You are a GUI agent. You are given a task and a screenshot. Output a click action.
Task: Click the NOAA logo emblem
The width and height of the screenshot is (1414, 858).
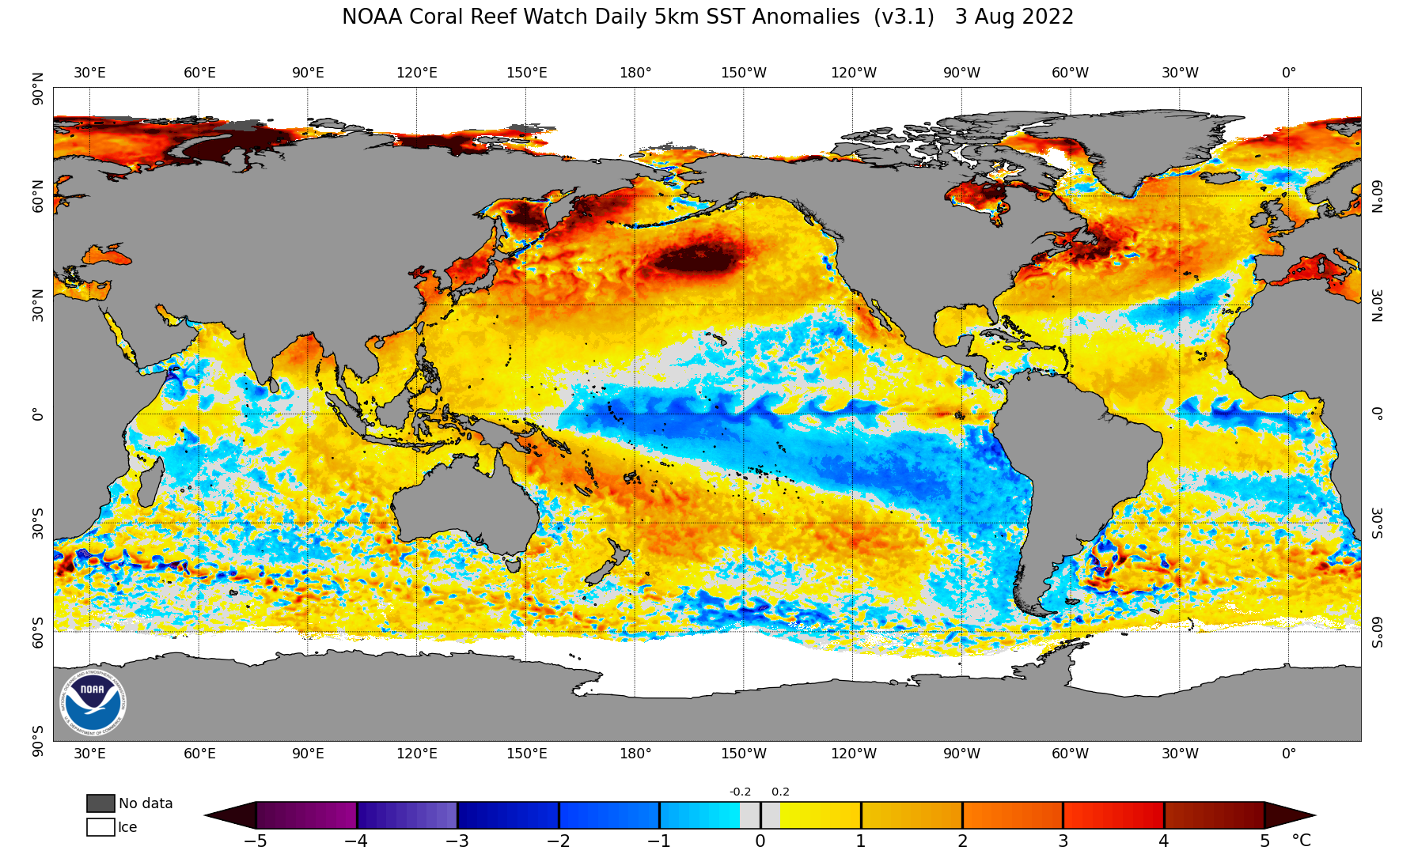(93, 702)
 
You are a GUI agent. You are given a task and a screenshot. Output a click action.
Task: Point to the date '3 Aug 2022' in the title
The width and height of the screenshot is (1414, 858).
(1014, 17)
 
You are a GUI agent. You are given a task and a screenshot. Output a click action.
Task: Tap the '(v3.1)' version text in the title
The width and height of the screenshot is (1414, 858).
(904, 17)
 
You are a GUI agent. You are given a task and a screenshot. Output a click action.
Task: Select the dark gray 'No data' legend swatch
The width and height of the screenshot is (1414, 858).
(100, 803)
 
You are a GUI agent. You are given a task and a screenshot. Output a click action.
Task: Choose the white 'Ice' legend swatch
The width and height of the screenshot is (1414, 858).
(100, 827)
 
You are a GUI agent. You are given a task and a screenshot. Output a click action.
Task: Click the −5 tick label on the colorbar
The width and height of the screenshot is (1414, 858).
(255, 841)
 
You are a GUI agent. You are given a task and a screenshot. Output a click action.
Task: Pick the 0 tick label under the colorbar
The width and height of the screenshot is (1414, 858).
(760, 841)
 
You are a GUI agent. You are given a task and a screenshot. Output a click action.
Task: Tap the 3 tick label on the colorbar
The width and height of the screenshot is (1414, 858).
(1063, 841)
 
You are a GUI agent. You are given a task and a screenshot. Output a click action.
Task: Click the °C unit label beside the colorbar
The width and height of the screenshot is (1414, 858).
(1301, 841)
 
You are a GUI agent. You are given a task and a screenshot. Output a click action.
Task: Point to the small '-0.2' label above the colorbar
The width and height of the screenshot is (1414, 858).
(740, 792)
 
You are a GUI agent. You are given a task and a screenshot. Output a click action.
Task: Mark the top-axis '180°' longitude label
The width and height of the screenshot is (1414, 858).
(635, 73)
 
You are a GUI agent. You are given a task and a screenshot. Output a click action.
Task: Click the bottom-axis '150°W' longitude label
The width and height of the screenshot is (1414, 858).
(744, 754)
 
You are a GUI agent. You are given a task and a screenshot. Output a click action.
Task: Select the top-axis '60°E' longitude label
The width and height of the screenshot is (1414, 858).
(199, 73)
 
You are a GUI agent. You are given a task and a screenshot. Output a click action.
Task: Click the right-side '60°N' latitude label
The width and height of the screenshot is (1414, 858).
(1378, 196)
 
